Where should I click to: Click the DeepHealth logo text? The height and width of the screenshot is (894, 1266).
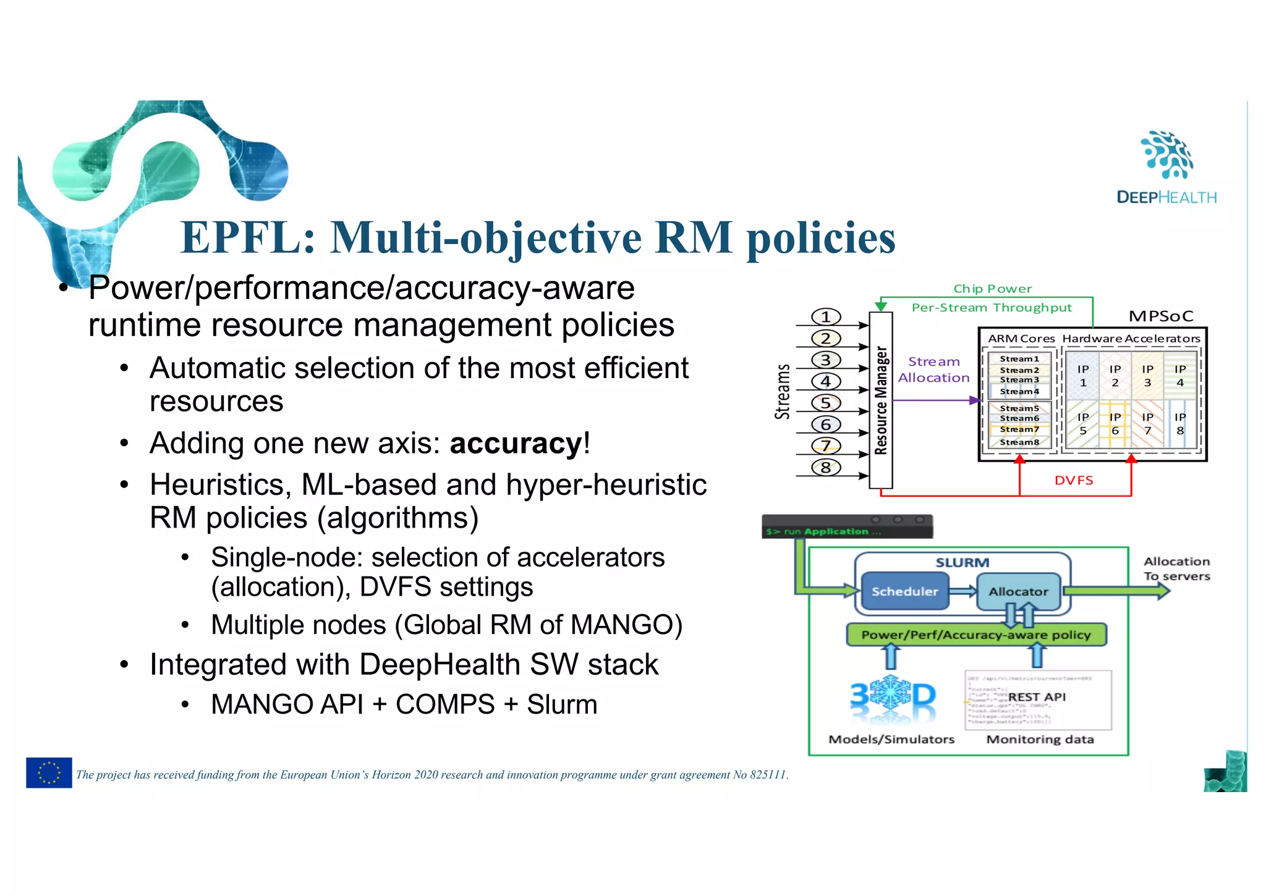pyautogui.click(x=1166, y=197)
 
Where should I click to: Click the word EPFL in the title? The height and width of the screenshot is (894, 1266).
pyautogui.click(x=248, y=238)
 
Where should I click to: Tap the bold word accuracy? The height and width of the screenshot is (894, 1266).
pyautogui.click(x=516, y=443)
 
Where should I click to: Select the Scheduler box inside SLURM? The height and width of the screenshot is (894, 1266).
pyautogui.click(x=904, y=591)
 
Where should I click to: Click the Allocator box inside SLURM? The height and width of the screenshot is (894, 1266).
pyautogui.click(x=1018, y=591)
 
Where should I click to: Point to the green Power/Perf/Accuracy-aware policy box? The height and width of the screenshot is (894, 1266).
pyautogui.click(x=975, y=635)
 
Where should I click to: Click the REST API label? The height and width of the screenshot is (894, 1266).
pyautogui.click(x=1037, y=697)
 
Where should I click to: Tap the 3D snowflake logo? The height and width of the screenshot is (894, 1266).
pyautogui.click(x=893, y=698)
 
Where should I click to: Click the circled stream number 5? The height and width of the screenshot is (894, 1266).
pyautogui.click(x=826, y=403)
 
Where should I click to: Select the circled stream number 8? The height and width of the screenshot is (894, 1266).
pyautogui.click(x=826, y=467)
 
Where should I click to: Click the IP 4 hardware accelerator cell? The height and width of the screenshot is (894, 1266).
pyautogui.click(x=1179, y=376)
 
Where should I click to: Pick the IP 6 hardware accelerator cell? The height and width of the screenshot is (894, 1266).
pyautogui.click(x=1115, y=424)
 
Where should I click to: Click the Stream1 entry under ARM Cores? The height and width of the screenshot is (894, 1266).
pyautogui.click(x=1019, y=358)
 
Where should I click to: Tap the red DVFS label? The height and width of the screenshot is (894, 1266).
pyautogui.click(x=1074, y=480)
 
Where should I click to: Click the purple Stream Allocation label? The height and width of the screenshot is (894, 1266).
pyautogui.click(x=933, y=369)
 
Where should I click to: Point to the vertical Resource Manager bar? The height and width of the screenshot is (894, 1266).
pyautogui.click(x=880, y=400)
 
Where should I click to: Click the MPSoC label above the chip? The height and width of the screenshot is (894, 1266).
pyautogui.click(x=1160, y=316)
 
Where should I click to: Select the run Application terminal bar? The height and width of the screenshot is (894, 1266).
pyautogui.click(x=847, y=527)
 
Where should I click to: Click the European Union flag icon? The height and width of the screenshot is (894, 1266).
pyautogui.click(x=49, y=772)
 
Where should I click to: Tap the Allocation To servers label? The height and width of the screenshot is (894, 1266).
pyautogui.click(x=1176, y=568)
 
